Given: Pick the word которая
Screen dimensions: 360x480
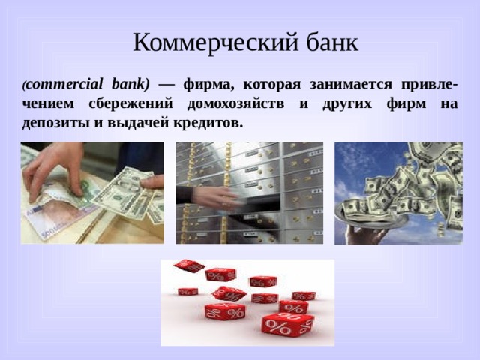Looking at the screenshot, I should (270, 82).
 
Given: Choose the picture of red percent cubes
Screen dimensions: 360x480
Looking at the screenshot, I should (247, 302).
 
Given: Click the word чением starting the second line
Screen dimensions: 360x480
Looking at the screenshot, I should (44, 102).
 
